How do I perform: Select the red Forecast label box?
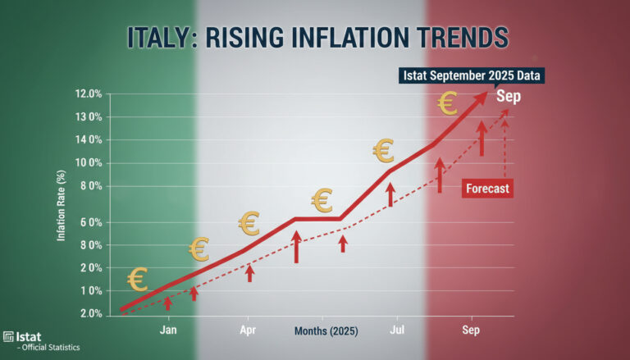point(487,189)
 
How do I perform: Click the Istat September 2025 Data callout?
point(472,75)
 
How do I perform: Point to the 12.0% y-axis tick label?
point(89,94)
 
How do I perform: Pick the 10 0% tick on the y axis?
point(89,163)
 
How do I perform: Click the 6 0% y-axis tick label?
point(91,222)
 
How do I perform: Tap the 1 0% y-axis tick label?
point(91,291)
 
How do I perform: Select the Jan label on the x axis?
point(168,330)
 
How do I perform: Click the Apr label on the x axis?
point(248,330)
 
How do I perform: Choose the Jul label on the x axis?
point(397,330)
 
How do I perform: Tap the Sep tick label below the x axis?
point(471,330)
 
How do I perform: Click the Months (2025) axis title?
point(326,330)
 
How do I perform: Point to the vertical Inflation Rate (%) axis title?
point(61,206)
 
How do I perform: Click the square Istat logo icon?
point(8,337)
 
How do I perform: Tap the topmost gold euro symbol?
point(448,103)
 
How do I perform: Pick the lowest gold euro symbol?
point(138,280)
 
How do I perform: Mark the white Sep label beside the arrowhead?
point(509,97)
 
